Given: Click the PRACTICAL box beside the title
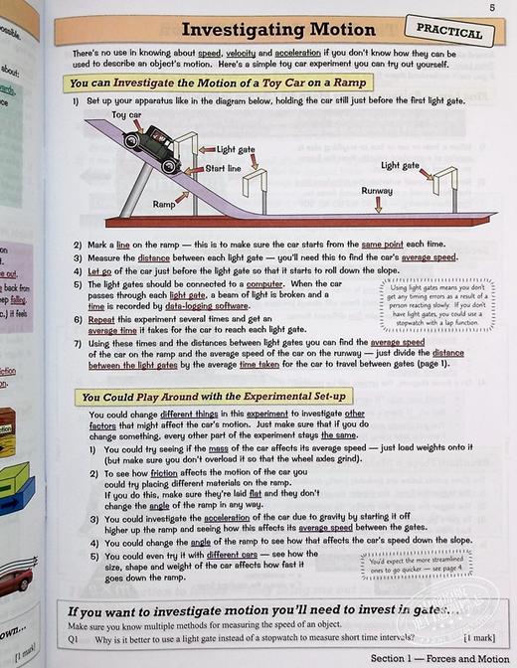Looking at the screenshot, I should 450,31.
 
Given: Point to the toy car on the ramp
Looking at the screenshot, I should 151,146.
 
